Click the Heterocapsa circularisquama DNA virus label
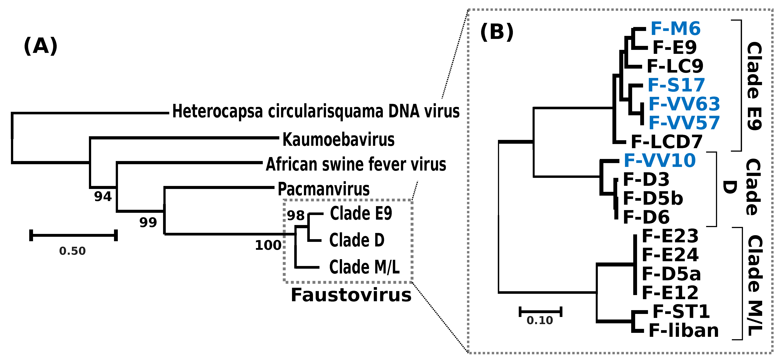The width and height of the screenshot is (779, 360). coord(316,111)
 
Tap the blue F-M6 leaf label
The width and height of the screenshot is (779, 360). coord(675,29)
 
